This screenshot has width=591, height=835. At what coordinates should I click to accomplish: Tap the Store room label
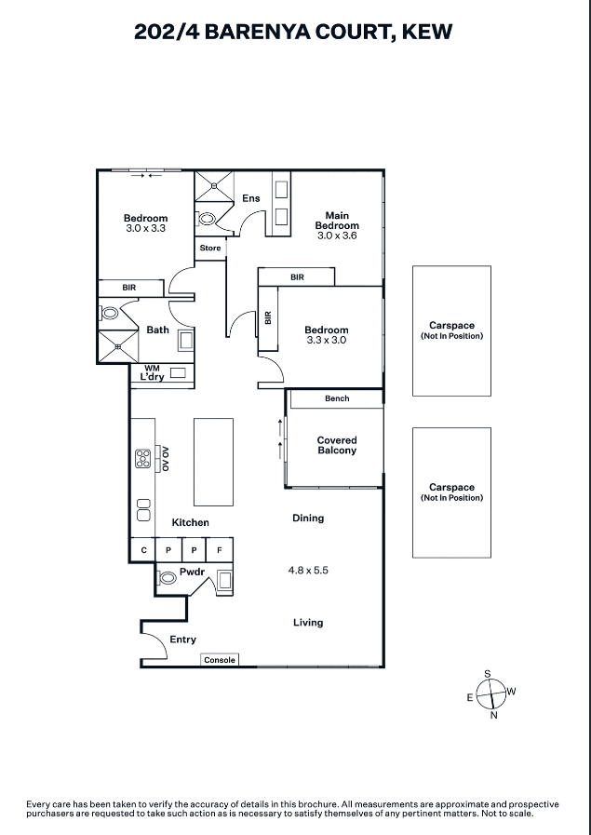click(x=210, y=249)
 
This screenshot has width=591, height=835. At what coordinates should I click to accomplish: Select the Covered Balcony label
click(x=336, y=446)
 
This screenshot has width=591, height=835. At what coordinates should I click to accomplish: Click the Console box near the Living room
click(x=220, y=660)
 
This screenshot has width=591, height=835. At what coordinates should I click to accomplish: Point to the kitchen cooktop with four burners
click(x=143, y=458)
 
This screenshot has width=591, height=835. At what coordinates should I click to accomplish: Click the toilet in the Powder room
click(x=168, y=578)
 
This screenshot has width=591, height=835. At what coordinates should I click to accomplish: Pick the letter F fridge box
click(x=220, y=550)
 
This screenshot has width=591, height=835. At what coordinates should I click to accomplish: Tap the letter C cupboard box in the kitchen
click(x=143, y=550)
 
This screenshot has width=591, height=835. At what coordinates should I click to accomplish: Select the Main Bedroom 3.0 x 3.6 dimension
click(x=336, y=236)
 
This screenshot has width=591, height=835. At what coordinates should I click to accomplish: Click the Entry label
click(x=182, y=640)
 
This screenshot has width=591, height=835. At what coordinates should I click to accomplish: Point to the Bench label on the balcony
click(x=337, y=398)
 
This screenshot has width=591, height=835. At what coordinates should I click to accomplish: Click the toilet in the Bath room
click(x=107, y=315)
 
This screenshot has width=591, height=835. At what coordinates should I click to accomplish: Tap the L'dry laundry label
click(x=151, y=377)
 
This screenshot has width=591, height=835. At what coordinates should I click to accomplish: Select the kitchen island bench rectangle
click(x=213, y=461)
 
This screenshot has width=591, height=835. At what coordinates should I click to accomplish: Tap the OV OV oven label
click(x=165, y=458)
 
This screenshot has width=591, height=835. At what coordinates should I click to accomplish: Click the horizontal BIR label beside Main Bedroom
click(x=297, y=277)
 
